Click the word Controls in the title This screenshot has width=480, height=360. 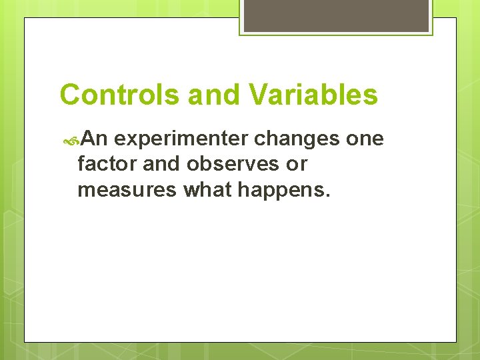point(120,95)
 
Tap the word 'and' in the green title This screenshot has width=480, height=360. point(211,95)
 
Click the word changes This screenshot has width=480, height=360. point(297,139)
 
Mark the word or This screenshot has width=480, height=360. point(297,164)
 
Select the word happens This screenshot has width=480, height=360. point(284,190)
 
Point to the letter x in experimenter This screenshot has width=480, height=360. point(136,139)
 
